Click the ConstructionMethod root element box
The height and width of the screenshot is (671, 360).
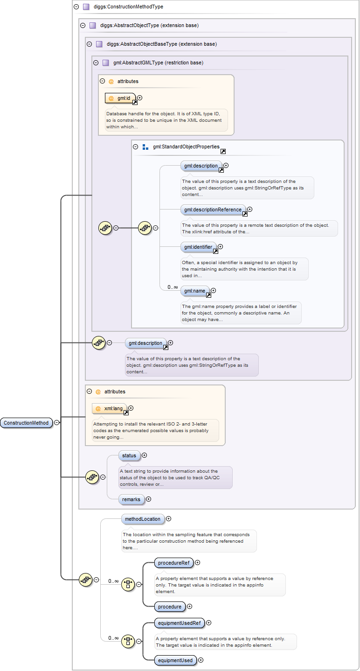point(26,423)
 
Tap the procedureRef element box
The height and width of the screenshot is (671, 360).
point(173,563)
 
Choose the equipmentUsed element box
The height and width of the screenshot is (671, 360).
point(175,660)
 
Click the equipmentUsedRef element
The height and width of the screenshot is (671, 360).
point(179,622)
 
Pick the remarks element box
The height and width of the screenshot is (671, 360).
point(131,499)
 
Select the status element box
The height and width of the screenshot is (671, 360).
point(129,455)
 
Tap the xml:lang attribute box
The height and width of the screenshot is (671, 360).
point(110,409)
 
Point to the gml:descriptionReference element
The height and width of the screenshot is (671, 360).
point(213,210)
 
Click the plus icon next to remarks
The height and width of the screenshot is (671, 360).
point(149,499)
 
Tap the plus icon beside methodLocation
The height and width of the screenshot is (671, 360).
point(169,518)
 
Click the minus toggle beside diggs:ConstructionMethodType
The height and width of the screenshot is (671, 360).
point(76,7)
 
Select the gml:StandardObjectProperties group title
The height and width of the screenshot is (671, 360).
point(186,147)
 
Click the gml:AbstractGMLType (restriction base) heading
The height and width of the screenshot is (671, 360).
point(158,63)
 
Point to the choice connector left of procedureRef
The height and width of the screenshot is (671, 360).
point(128,584)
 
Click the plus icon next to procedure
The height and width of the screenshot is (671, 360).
point(189,607)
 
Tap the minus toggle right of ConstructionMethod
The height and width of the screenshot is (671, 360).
point(57,423)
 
